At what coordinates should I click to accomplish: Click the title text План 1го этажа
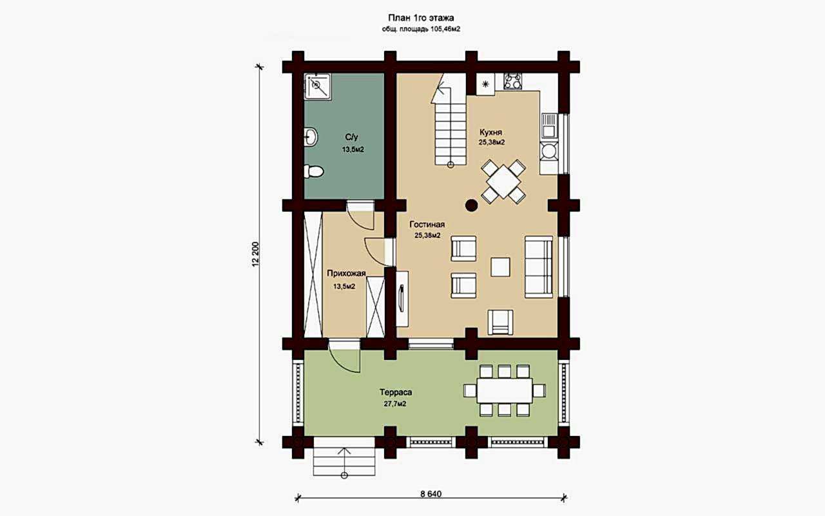421,17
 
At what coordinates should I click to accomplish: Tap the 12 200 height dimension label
256,254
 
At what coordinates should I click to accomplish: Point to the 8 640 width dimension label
431,494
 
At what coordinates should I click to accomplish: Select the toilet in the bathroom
314,172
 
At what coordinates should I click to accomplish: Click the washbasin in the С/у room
311,137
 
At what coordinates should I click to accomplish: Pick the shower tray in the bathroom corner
317,86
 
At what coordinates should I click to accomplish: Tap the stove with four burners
512,81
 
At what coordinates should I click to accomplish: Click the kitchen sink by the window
549,126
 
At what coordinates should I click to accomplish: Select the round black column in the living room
471,205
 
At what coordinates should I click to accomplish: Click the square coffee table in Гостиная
501,267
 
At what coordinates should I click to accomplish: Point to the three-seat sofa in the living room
539,267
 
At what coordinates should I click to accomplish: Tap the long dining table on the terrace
505,390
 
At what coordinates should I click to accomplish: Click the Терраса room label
396,392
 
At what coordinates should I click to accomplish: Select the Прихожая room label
346,273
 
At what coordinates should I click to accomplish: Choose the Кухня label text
490,132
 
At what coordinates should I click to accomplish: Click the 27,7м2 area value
395,404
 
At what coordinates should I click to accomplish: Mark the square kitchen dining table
503,182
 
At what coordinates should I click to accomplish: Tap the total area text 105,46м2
444,30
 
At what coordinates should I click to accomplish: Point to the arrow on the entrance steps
344,462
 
